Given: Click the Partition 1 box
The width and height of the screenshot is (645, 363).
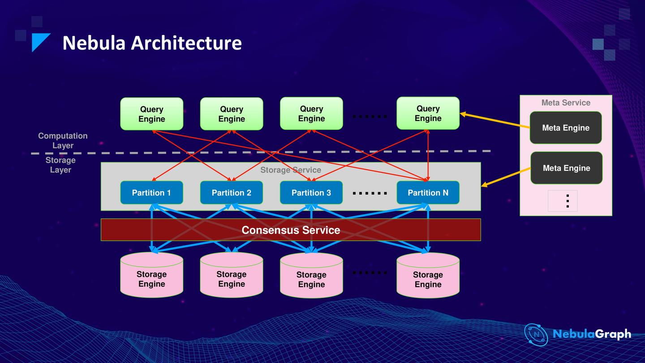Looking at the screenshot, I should [151, 193].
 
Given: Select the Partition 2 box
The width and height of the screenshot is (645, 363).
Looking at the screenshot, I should [231, 193].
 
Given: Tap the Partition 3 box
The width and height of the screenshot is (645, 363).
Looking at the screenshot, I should [311, 193].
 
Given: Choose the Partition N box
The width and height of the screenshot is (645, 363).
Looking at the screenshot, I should [428, 193].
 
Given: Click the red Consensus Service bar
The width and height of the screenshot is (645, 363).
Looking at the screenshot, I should [291, 230].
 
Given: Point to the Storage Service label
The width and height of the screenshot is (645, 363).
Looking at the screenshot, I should [291, 170].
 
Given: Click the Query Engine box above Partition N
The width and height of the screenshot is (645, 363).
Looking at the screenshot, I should [428, 113].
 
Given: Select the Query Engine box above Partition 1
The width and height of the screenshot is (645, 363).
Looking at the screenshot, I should [151, 114].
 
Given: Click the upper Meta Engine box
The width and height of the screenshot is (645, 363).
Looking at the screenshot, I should [566, 128].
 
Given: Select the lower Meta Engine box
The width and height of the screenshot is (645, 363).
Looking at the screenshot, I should [566, 168].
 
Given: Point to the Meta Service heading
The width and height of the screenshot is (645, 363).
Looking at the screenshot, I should [566, 103].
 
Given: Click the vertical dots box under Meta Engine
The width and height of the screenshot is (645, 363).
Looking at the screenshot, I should [563, 201].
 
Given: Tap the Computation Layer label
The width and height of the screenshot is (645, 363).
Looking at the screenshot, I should [63, 140].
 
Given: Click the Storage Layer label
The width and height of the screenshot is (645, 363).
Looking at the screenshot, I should [60, 165].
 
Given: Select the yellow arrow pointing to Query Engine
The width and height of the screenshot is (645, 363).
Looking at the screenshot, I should [495, 121].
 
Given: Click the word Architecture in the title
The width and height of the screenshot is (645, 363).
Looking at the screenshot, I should [186, 43].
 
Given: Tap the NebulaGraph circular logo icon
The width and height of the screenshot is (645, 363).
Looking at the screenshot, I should [536, 335].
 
